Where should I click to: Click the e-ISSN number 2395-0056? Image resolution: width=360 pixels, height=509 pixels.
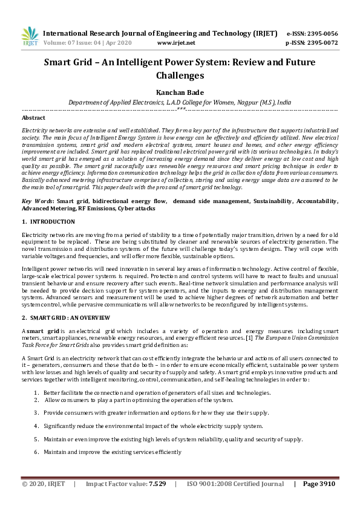tap(320, 33)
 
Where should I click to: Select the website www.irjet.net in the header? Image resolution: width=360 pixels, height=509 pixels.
tap(175, 43)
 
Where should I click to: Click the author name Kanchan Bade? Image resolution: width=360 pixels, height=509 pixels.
tap(180, 92)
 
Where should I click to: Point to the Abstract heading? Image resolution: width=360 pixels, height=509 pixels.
tap(33, 118)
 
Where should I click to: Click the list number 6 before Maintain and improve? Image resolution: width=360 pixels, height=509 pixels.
tap(36, 452)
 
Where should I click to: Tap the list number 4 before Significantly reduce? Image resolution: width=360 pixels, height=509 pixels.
tap(36, 426)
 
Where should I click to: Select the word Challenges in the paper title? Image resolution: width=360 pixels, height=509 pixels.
tap(180, 76)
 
